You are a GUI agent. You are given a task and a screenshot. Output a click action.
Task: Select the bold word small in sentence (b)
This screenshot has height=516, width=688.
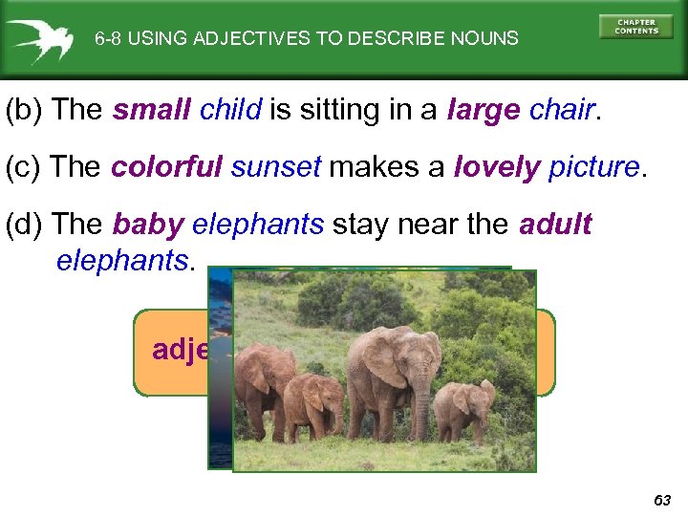[x=153, y=110]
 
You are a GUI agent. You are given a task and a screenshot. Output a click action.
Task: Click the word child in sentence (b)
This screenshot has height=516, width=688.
[x=230, y=110]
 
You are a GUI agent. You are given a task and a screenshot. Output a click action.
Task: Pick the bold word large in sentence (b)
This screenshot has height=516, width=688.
[x=484, y=110]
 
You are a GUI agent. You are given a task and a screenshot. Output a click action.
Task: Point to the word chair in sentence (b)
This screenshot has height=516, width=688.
[x=563, y=110]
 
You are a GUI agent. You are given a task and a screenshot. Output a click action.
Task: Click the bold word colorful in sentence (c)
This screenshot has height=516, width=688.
[x=167, y=167]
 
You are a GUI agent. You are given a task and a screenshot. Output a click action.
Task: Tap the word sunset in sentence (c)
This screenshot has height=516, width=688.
[x=276, y=167]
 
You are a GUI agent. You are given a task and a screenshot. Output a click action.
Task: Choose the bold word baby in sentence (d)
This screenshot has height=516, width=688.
[x=148, y=225]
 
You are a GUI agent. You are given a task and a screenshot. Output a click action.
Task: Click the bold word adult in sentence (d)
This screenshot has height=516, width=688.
[x=555, y=225]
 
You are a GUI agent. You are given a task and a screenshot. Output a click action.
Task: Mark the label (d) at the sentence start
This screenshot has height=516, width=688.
[x=25, y=225]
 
